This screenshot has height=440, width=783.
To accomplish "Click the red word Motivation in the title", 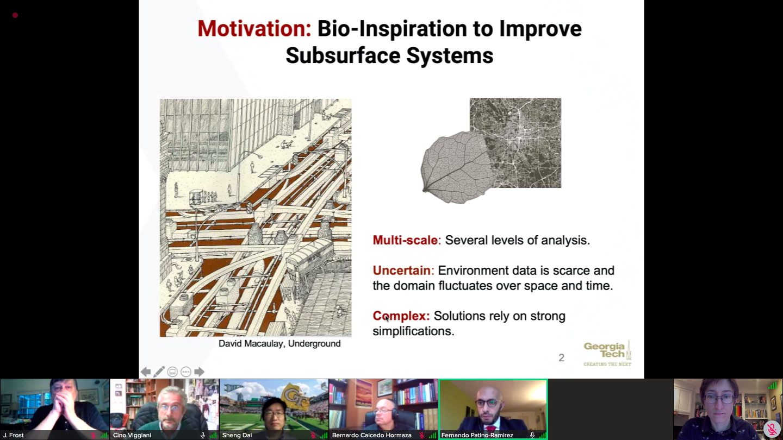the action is pyautogui.click(x=254, y=28).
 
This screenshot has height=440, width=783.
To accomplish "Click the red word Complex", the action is pyautogui.click(x=401, y=316).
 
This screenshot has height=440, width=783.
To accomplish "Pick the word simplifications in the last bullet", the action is pyautogui.click(x=413, y=331).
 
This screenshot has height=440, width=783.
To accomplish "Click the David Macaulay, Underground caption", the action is pyautogui.click(x=279, y=344).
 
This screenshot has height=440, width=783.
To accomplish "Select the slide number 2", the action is pyautogui.click(x=561, y=357).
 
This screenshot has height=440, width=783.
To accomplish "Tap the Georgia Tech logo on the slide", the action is pyautogui.click(x=607, y=354).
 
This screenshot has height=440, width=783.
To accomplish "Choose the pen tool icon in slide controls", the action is pyautogui.click(x=159, y=372).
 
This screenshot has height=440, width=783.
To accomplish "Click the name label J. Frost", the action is pyautogui.click(x=14, y=435).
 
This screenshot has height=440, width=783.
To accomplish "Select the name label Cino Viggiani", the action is pyautogui.click(x=132, y=435).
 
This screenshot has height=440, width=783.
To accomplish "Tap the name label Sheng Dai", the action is pyautogui.click(x=237, y=435).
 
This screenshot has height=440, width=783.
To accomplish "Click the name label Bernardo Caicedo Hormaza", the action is pyautogui.click(x=371, y=435).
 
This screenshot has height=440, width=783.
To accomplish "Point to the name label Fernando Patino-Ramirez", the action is pyautogui.click(x=477, y=435).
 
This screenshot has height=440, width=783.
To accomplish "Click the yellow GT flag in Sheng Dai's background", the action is pyautogui.click(x=295, y=396).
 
